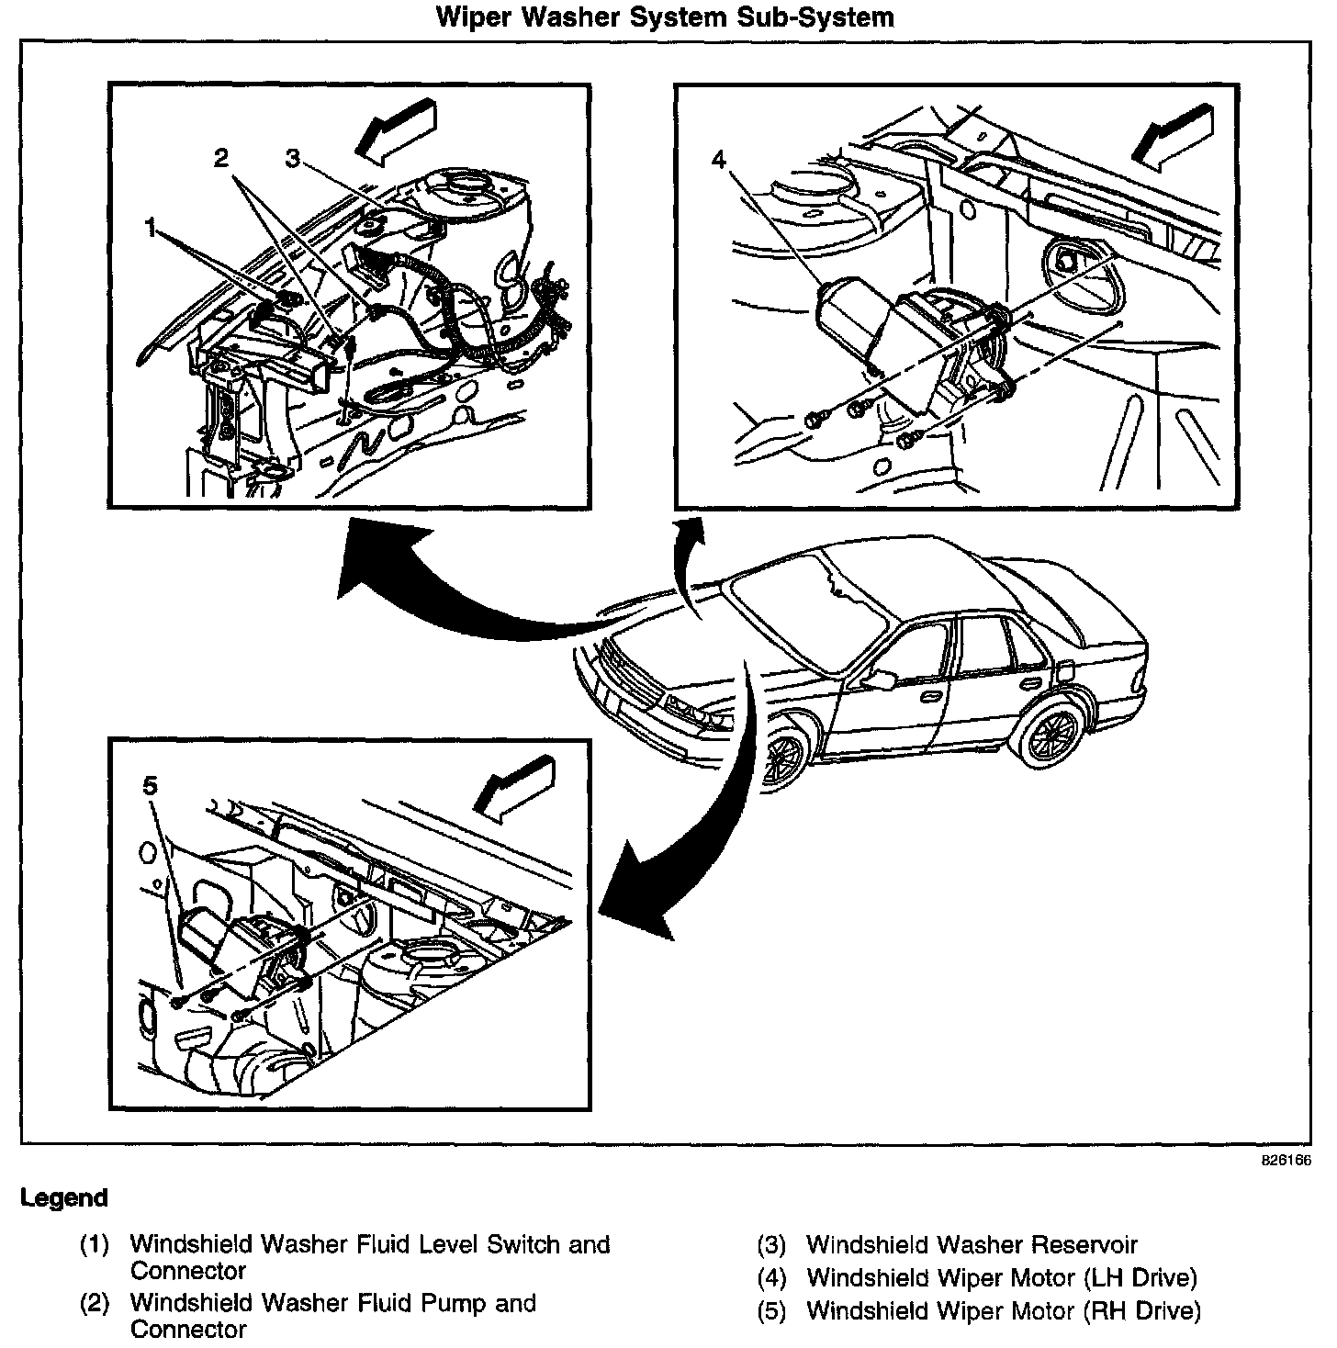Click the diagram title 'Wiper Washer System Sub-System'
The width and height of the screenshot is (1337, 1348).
pyautogui.click(x=664, y=17)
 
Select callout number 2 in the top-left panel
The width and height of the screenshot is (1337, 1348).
pyautogui.click(x=220, y=158)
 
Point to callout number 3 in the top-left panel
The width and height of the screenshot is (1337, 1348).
pyautogui.click(x=292, y=158)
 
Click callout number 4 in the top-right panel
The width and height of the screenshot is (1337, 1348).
pyautogui.click(x=718, y=160)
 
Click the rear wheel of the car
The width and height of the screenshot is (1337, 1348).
pyautogui.click(x=1048, y=735)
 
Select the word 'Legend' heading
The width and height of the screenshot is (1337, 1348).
pyautogui.click(x=64, y=1198)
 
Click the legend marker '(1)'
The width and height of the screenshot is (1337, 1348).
pyautogui.click(x=95, y=1245)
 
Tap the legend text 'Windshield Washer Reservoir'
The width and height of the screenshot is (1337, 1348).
pyautogui.click(x=972, y=1245)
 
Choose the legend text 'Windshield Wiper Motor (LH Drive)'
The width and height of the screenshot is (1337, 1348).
pyautogui.click(x=1002, y=1277)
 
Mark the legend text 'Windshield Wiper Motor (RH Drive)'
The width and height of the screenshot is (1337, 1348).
pyautogui.click(x=1003, y=1310)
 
